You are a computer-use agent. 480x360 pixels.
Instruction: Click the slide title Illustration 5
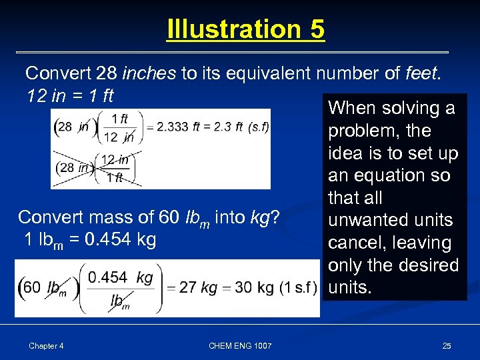pos(245,29)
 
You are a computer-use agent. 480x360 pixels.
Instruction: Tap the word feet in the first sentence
pos(422,73)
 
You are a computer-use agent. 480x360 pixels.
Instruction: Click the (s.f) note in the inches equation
pos(257,127)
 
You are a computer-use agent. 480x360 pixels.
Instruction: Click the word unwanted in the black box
pos(391,220)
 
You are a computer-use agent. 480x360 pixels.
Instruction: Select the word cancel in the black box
pos(353,243)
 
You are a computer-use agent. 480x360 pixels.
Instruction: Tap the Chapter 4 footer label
pos(46,345)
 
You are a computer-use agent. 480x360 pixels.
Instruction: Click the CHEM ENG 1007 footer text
pos(239,345)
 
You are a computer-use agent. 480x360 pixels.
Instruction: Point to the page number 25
pos(447,345)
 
